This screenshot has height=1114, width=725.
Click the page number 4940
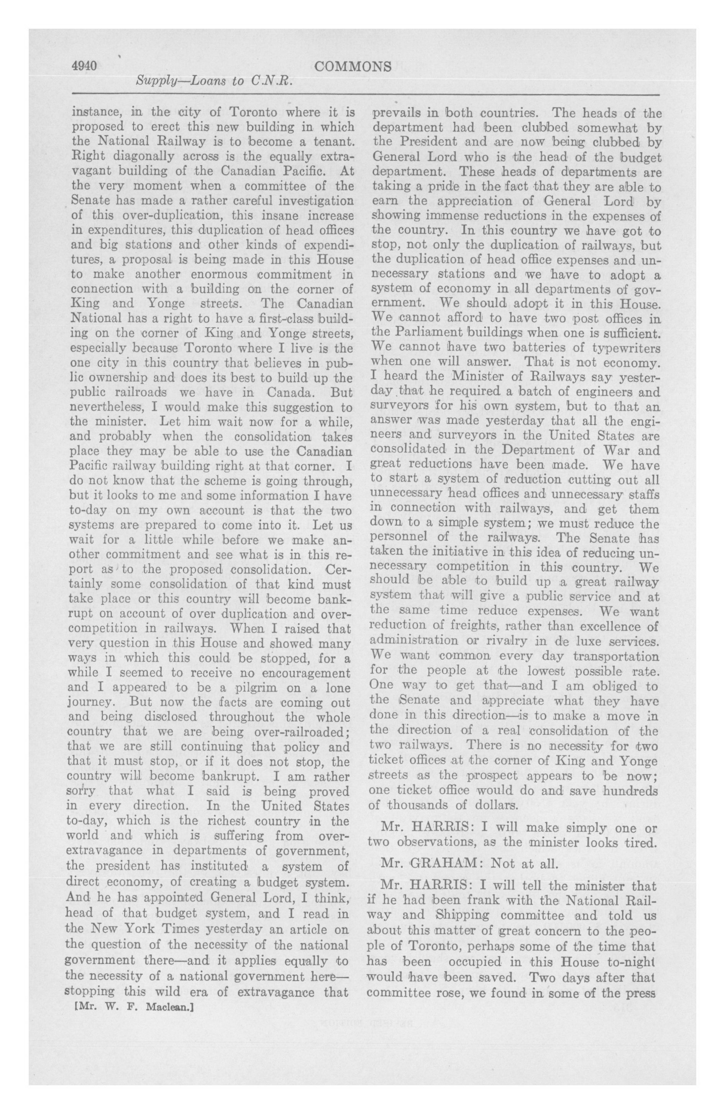click(84, 67)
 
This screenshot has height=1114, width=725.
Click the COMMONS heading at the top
click(353, 67)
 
